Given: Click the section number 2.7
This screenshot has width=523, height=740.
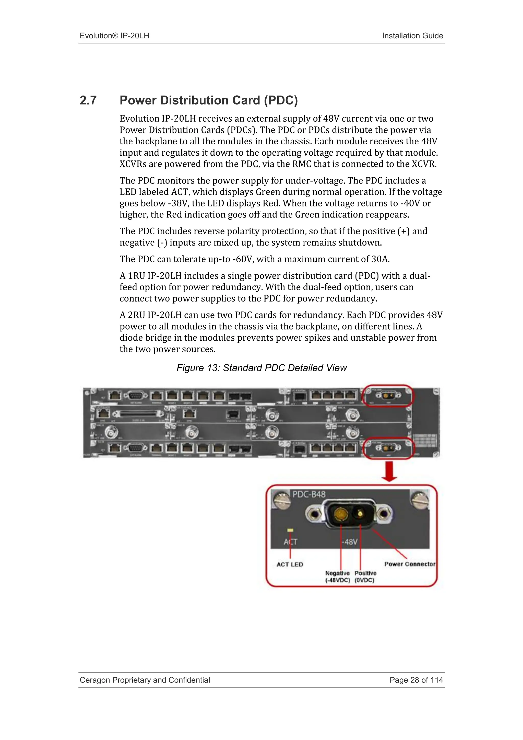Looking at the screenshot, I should pyautogui.click(x=88, y=101).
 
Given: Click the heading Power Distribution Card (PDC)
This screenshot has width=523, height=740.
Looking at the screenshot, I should pyautogui.click(x=209, y=101).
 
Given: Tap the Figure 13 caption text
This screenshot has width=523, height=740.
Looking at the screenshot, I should pyautogui.click(x=261, y=368).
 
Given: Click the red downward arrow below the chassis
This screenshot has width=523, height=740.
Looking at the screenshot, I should pyautogui.click(x=389, y=471).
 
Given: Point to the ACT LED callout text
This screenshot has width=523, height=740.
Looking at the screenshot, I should pyautogui.click(x=290, y=565).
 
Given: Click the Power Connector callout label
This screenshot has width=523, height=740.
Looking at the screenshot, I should pyautogui.click(x=410, y=564).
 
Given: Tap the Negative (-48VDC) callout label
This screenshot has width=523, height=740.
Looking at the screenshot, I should pyautogui.click(x=338, y=577).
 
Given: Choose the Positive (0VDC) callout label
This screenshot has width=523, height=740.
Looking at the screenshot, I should pyautogui.click(x=365, y=577).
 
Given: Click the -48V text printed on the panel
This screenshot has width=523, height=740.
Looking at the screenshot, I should pyautogui.click(x=349, y=542).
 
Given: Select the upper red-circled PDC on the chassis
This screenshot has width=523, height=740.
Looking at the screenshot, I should pyautogui.click(x=388, y=396).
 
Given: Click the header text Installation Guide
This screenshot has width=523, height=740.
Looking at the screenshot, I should pyautogui.click(x=412, y=36).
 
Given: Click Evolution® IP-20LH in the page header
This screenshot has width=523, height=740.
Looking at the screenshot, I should pyautogui.click(x=114, y=36).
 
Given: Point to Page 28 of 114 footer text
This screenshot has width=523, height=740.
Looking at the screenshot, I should pyautogui.click(x=416, y=680).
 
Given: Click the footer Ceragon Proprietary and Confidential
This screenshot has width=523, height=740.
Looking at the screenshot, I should pyautogui.click(x=145, y=680).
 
